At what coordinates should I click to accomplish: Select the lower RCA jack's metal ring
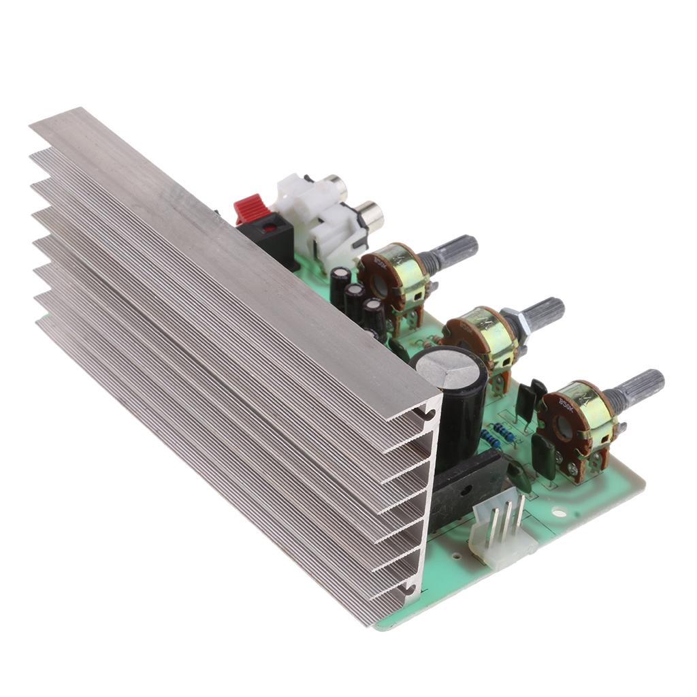(x=371, y=214)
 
